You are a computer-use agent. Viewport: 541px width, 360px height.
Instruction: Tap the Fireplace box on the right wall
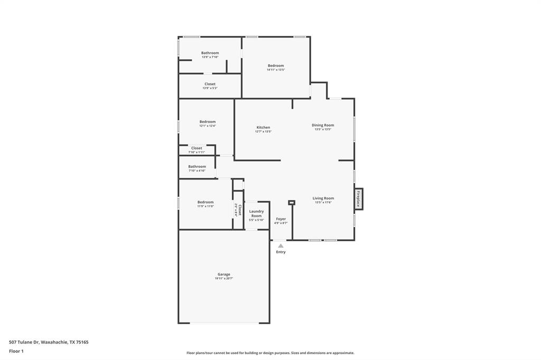coord(358,198)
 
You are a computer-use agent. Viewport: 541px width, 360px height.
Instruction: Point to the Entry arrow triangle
coord(281,245)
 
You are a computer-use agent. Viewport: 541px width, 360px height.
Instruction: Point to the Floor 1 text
coord(16,351)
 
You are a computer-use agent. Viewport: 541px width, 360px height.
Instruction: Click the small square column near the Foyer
coord(291,202)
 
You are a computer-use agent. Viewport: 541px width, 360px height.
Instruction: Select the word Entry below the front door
coord(281,252)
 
